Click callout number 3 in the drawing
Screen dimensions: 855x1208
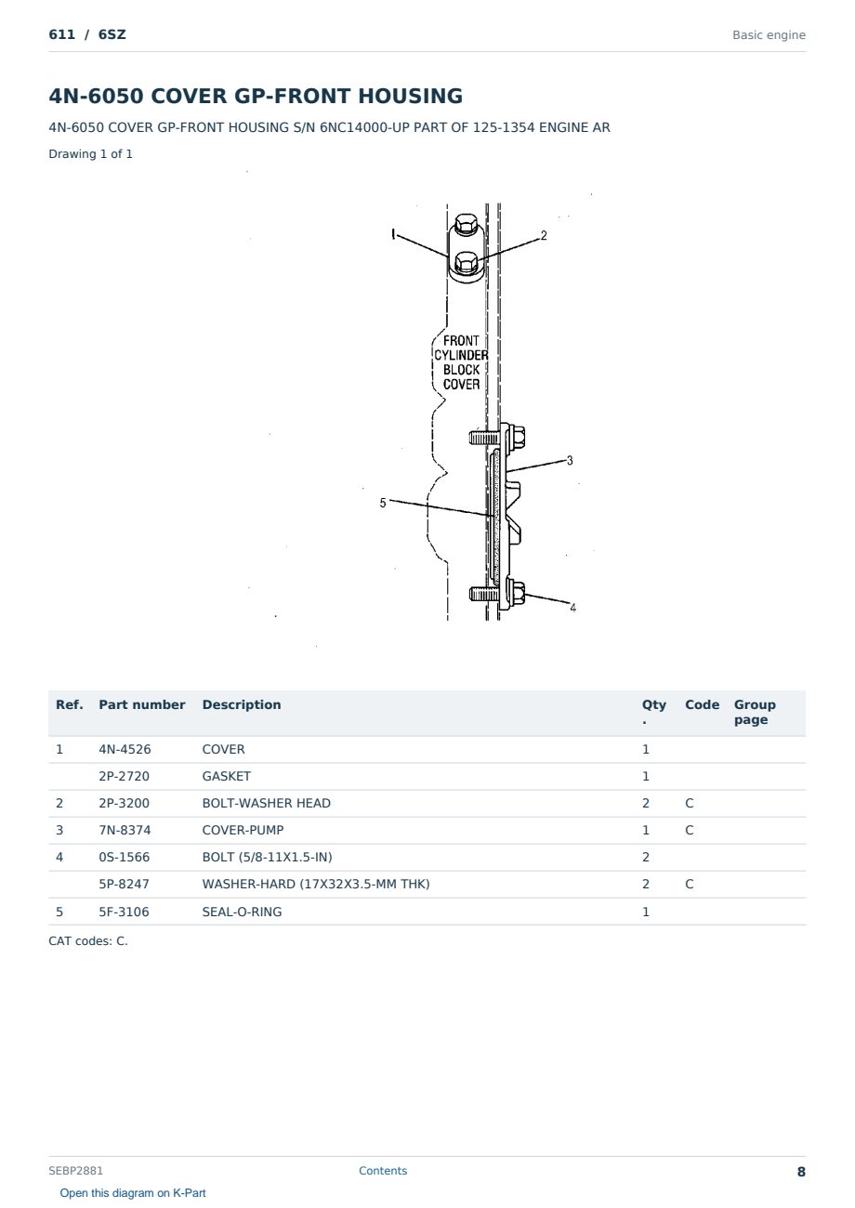[x=570, y=460]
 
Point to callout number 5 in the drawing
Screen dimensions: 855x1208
[x=383, y=503]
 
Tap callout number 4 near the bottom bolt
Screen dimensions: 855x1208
[x=572, y=607]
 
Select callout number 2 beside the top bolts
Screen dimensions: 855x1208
[x=544, y=235]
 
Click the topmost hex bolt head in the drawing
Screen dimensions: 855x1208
[x=467, y=224]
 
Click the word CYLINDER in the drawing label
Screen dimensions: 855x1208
[x=461, y=355]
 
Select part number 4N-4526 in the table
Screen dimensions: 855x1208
[x=125, y=749]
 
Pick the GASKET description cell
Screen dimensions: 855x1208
[x=226, y=776]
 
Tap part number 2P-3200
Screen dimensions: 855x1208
[x=125, y=803]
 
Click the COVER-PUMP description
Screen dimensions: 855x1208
[x=243, y=830]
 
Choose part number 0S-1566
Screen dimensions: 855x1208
[x=125, y=857]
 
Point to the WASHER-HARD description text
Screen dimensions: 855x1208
[x=316, y=884]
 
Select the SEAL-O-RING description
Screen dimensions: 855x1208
[x=242, y=912]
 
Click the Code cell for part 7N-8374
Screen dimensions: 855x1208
[x=689, y=830]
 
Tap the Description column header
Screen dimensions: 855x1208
[x=241, y=704]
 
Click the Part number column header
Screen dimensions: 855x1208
[x=142, y=704]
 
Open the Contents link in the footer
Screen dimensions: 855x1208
[x=383, y=1170]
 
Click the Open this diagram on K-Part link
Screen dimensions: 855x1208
[x=133, y=1192]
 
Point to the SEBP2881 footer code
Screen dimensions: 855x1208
[x=75, y=1170]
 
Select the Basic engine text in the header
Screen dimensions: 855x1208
[x=769, y=35]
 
